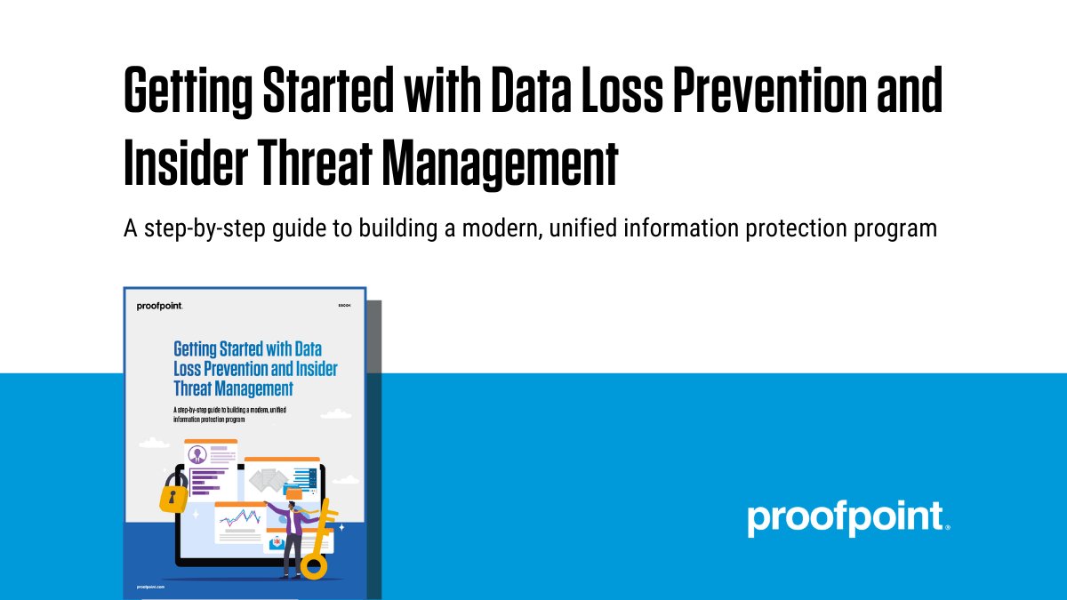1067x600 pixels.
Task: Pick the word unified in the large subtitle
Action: pyautogui.click(x=582, y=228)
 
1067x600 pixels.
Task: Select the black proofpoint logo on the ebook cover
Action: pyautogui.click(x=160, y=306)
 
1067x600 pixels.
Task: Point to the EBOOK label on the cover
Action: pyautogui.click(x=345, y=306)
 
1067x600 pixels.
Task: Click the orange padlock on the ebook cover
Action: pyautogui.click(x=173, y=492)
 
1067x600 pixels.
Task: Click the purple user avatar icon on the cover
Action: pyautogui.click(x=196, y=454)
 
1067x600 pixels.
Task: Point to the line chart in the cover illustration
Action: pyautogui.click(x=238, y=516)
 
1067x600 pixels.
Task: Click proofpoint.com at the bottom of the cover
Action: pyautogui.click(x=152, y=587)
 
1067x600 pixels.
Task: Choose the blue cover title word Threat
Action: pyautogui.click(x=197, y=388)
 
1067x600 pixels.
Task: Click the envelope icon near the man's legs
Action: pyautogui.click(x=276, y=543)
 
